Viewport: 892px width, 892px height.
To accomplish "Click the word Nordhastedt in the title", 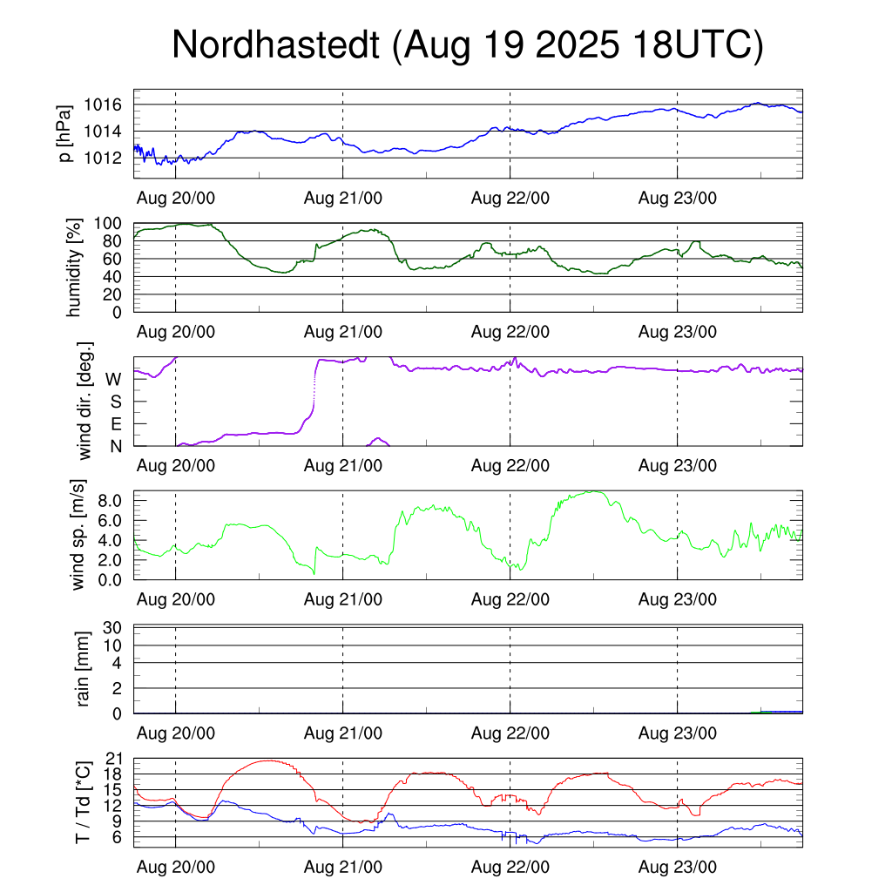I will click(276, 45).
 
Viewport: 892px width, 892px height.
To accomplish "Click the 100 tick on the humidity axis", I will click(108, 223).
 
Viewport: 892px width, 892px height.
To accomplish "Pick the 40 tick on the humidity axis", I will click(113, 277).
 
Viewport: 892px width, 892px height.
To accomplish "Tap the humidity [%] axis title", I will click(76, 267).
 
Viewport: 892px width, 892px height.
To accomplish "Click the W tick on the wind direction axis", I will click(113, 379).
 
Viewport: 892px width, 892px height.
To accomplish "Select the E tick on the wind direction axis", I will click(115, 424).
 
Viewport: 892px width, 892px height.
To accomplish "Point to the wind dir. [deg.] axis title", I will click(84, 401).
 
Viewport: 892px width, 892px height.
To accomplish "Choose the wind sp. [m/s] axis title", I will click(79, 535).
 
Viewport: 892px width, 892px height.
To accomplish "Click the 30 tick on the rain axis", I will click(113, 627).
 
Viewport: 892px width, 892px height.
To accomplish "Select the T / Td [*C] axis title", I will click(83, 802).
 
